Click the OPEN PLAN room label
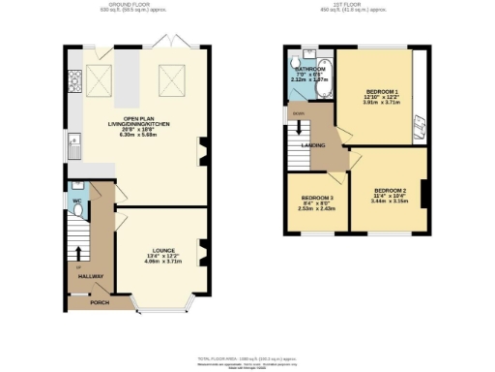click(x=135, y=120)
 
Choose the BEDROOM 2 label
click(x=389, y=190)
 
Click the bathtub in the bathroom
click(x=326, y=78)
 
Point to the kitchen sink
click(x=73, y=147)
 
